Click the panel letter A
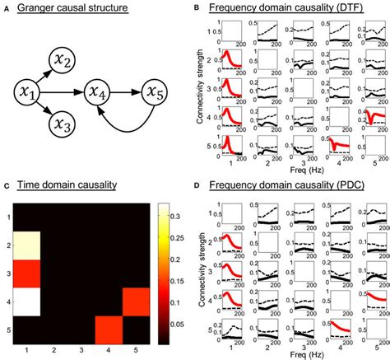click(x=6, y=8)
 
